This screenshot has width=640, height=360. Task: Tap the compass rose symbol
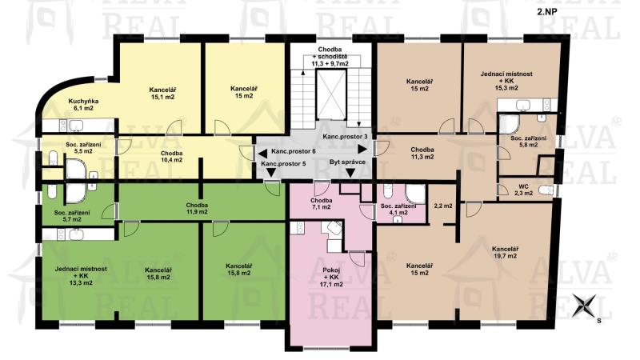(584, 306)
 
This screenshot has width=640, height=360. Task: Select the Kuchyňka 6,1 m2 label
(83, 105)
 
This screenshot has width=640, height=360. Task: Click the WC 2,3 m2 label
(523, 190)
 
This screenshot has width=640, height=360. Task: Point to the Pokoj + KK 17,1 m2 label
(331, 277)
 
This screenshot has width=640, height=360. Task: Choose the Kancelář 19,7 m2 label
(505, 252)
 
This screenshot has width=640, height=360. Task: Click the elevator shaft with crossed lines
(331, 94)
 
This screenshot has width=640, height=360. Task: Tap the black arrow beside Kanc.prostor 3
(362, 150)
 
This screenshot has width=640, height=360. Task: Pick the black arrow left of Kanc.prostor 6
(263, 154)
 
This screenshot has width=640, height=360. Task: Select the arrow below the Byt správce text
(350, 173)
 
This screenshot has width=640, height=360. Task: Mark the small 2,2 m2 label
(443, 206)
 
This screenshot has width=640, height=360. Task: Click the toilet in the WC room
(546, 190)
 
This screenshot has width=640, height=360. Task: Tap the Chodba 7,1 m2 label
(321, 204)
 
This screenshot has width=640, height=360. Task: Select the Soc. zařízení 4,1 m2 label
(398, 209)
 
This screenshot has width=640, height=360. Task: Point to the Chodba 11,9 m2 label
(197, 208)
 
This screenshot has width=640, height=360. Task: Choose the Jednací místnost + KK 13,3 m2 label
(81, 275)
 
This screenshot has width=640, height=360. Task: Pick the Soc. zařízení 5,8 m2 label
(529, 142)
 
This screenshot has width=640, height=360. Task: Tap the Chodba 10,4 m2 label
(171, 156)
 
